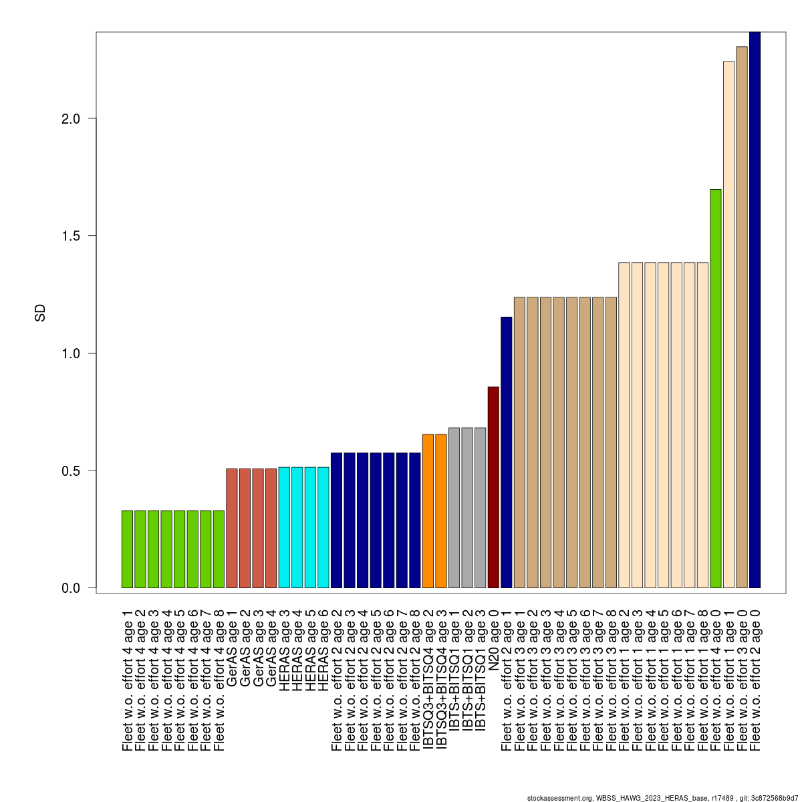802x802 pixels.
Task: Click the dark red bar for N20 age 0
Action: pyautogui.click(x=493, y=487)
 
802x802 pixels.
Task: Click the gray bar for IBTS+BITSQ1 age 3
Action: pyautogui.click(x=480, y=507)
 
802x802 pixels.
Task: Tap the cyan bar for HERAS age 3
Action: pyautogui.click(x=284, y=527)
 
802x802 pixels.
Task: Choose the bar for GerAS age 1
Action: pyautogui.click(x=232, y=528)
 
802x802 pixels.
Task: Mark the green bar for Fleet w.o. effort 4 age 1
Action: pyautogui.click(x=127, y=549)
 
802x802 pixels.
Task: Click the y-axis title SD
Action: pyautogui.click(x=40, y=313)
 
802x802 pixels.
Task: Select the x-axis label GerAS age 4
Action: pyautogui.click(x=271, y=648)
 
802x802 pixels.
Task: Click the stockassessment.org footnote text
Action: pyautogui.click(x=662, y=797)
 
